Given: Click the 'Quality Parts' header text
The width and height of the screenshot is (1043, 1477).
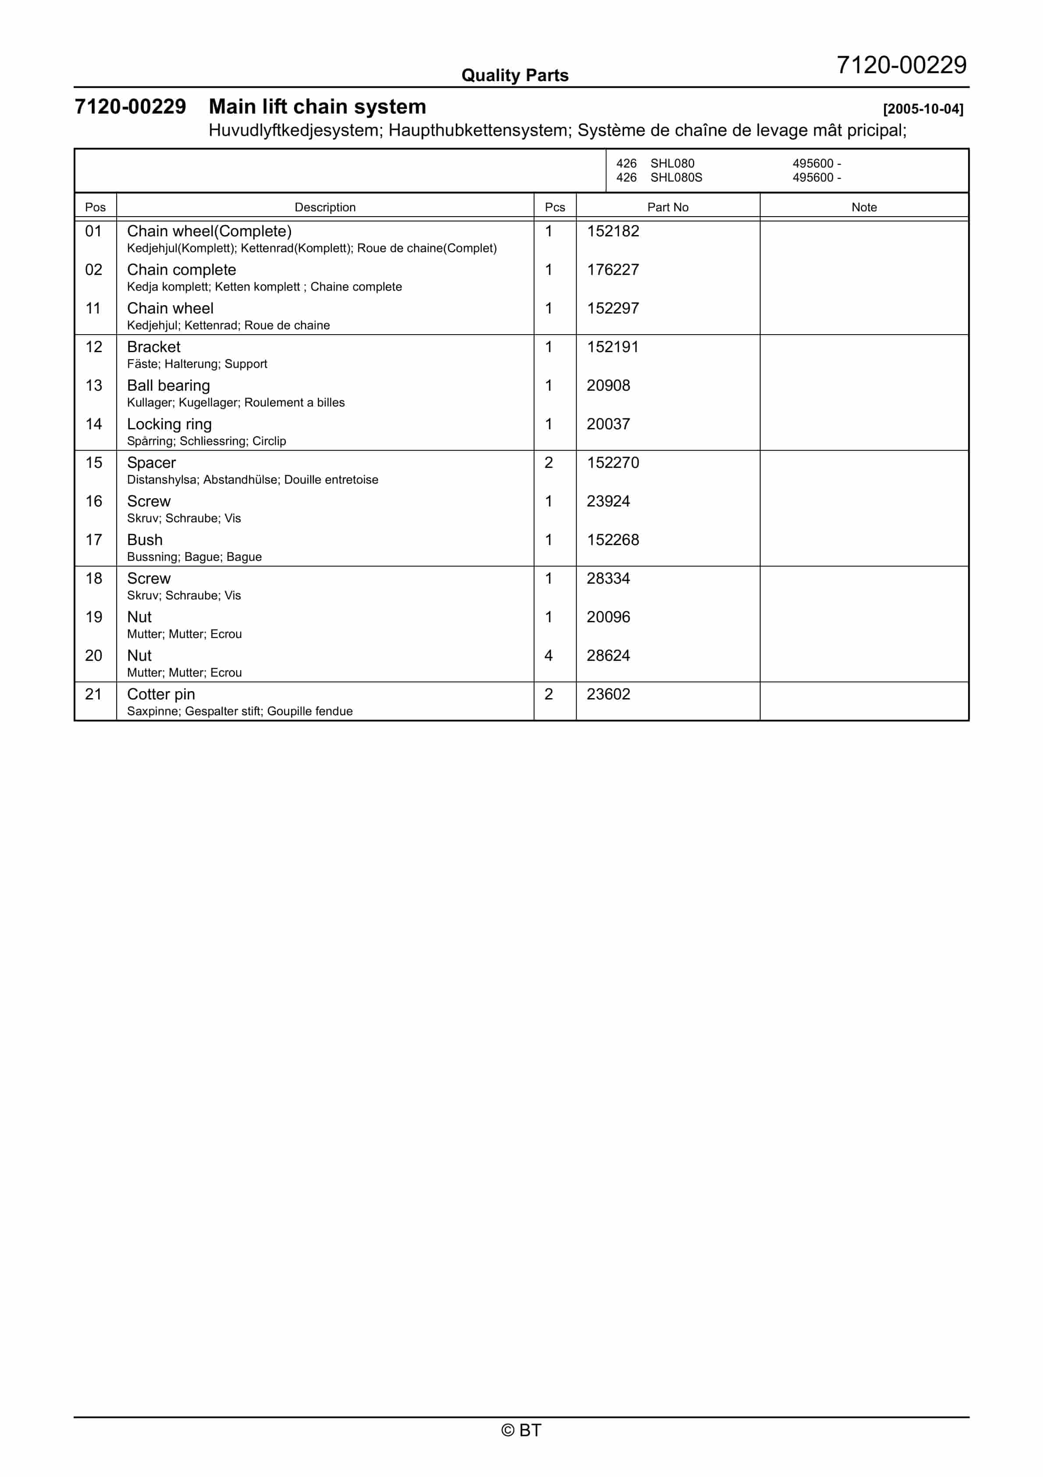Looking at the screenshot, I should (514, 75).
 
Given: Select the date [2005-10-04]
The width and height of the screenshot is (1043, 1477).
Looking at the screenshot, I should (923, 109).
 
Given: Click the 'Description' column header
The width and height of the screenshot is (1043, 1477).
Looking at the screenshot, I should (325, 207).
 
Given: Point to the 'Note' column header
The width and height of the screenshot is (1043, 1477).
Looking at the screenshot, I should (864, 207).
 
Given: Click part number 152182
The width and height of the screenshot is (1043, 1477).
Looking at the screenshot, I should (613, 231).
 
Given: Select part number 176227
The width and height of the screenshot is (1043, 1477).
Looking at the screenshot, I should (613, 270).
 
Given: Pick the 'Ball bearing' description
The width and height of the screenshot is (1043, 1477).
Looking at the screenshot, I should (168, 385).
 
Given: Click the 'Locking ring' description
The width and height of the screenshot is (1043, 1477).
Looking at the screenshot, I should (169, 424).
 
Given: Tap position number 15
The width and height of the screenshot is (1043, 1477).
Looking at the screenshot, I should (94, 463).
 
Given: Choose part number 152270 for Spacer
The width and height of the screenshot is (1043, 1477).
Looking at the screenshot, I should (613, 463).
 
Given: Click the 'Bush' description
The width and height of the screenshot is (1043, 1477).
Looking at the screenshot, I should (145, 540).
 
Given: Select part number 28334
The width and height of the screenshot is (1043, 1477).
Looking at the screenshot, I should (608, 578).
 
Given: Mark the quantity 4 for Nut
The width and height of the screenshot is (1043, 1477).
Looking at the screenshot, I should (549, 656).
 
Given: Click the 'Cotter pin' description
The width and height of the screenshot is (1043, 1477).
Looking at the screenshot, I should (161, 694).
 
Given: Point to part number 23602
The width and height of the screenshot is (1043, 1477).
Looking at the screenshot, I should (608, 694).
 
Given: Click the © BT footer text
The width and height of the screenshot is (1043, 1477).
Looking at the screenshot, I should (521, 1430).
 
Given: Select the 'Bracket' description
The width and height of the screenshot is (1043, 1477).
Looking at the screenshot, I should (154, 347).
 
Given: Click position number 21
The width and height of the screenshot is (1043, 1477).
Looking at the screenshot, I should (94, 694).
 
